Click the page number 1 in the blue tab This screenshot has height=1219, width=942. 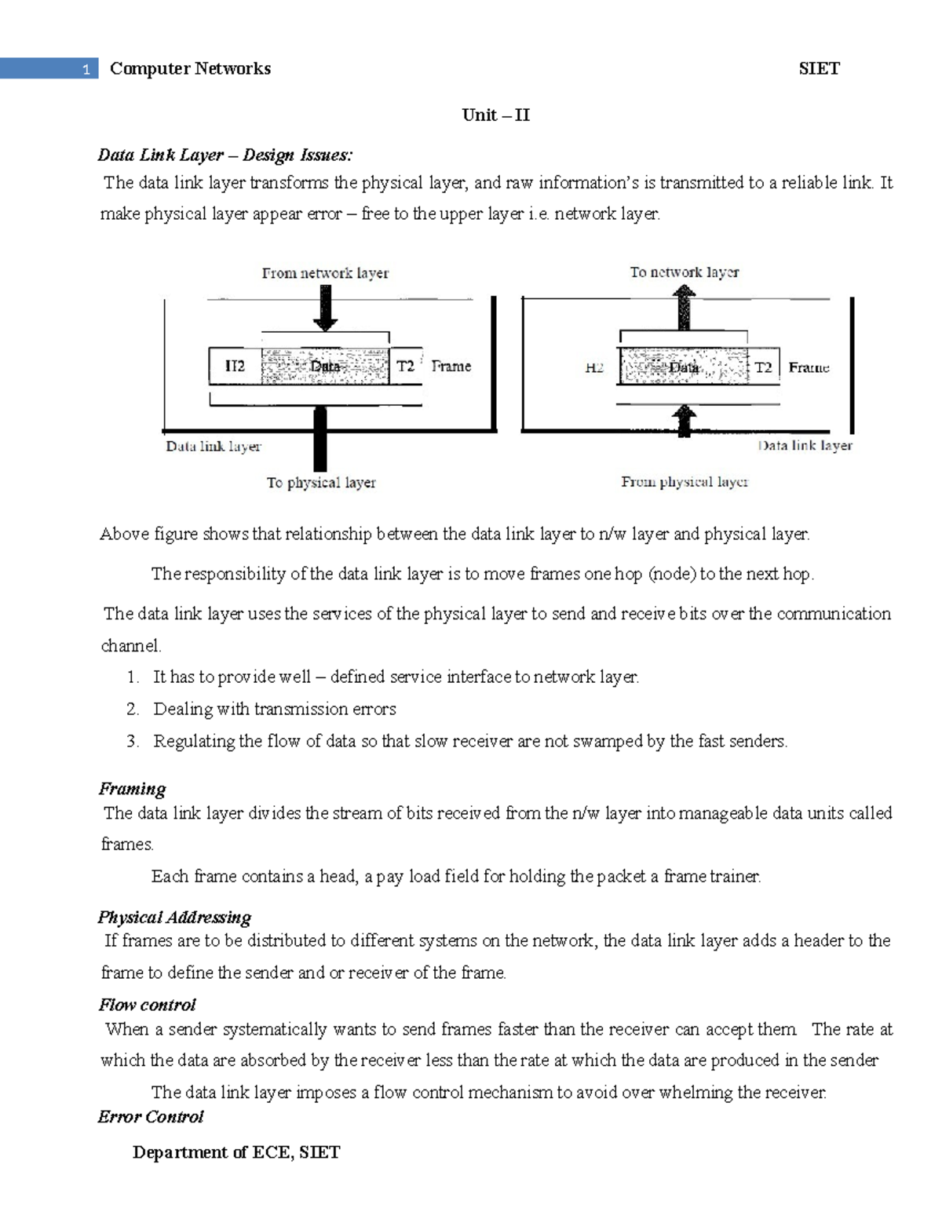click(x=86, y=70)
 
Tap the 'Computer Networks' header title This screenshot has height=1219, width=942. click(x=190, y=69)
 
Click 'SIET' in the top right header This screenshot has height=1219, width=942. click(x=819, y=69)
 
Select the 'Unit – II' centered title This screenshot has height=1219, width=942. click(x=496, y=115)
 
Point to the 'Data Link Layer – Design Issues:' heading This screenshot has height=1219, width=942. click(x=225, y=155)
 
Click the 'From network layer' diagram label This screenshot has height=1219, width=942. click(x=325, y=273)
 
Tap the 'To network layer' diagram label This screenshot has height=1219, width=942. click(x=684, y=272)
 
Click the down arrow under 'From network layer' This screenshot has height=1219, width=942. click(x=325, y=308)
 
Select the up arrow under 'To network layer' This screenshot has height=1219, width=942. click(x=685, y=308)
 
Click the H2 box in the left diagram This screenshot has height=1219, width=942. click(x=235, y=367)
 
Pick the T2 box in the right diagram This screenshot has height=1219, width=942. click(x=763, y=367)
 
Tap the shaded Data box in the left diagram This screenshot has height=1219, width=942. click(x=325, y=367)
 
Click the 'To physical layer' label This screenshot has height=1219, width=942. click(x=321, y=483)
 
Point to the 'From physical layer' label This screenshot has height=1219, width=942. click(x=685, y=482)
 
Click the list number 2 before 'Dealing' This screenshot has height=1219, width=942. click(x=132, y=710)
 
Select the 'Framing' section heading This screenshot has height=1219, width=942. click(x=132, y=789)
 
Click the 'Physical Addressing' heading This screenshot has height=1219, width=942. click(x=174, y=918)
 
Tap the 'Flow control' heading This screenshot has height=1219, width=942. click(x=147, y=1005)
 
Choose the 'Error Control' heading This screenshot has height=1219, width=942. click(x=151, y=1117)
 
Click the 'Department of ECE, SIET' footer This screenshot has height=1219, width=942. click(x=236, y=1152)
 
